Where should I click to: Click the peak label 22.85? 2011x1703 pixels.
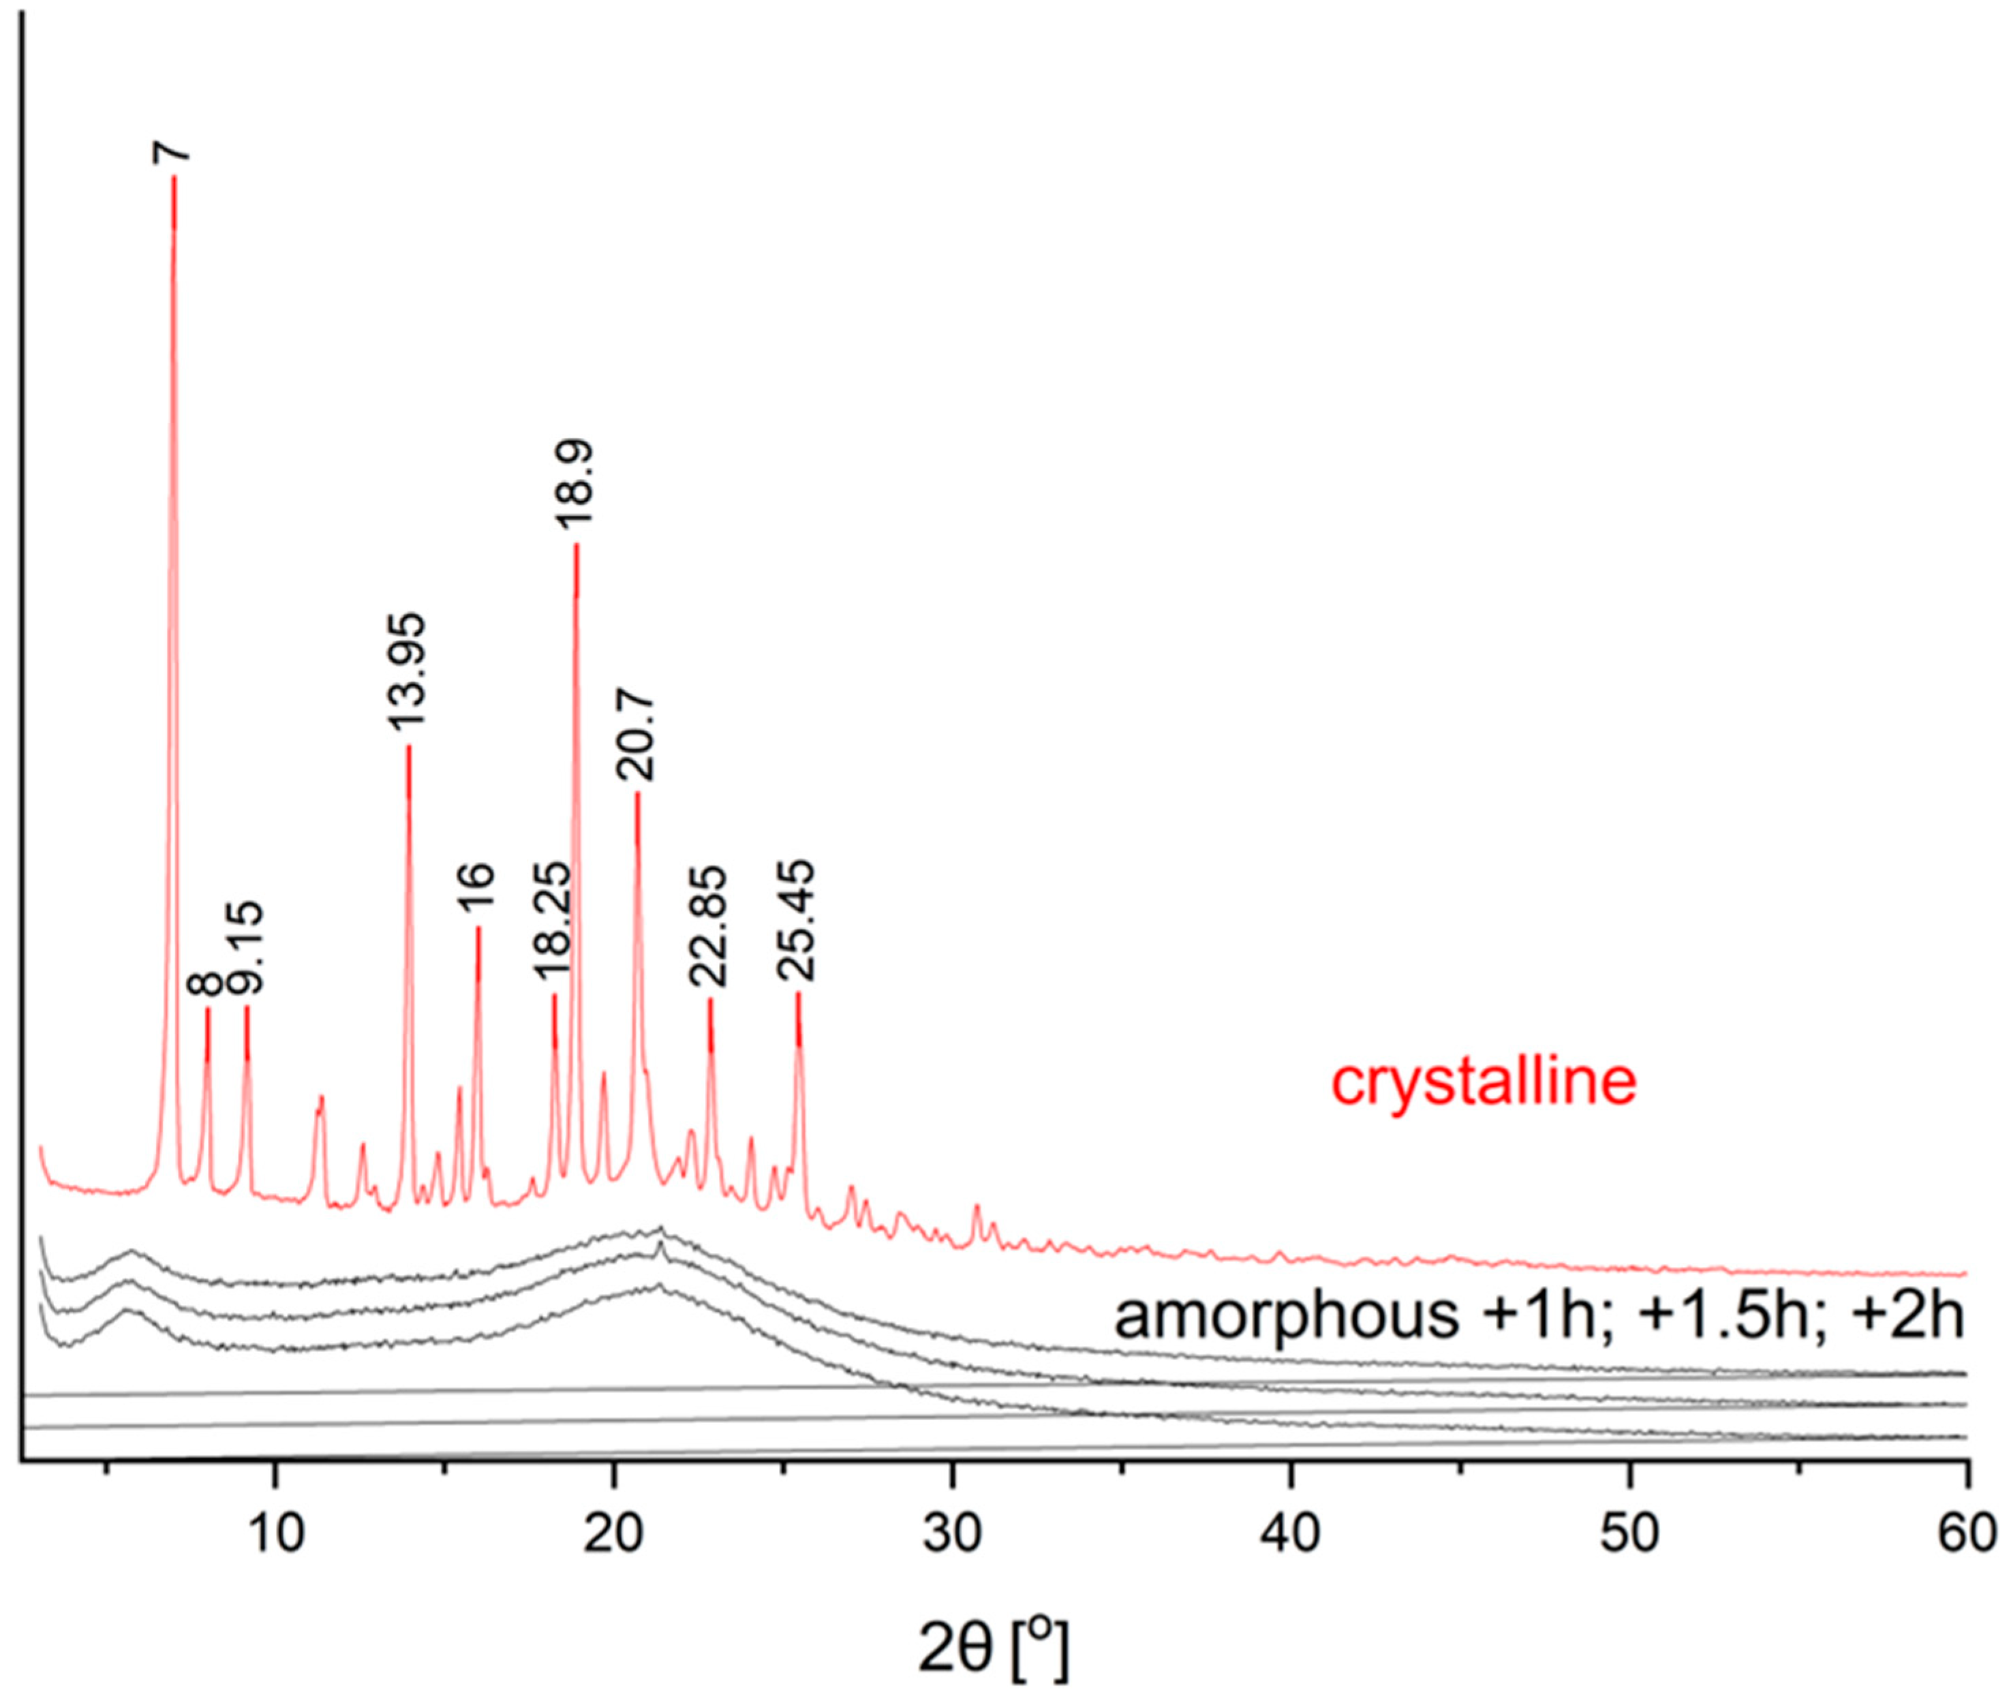tap(709, 926)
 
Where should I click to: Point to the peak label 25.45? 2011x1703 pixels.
tap(797, 921)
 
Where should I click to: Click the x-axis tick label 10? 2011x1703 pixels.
tap(275, 1534)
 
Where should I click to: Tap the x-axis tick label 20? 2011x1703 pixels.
tap(613, 1534)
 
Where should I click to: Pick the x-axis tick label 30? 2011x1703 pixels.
tap(952, 1534)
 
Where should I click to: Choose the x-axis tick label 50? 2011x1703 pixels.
tap(1629, 1534)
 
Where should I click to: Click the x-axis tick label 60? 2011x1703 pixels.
tap(1967, 1534)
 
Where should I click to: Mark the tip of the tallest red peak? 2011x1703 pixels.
tap(174, 178)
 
